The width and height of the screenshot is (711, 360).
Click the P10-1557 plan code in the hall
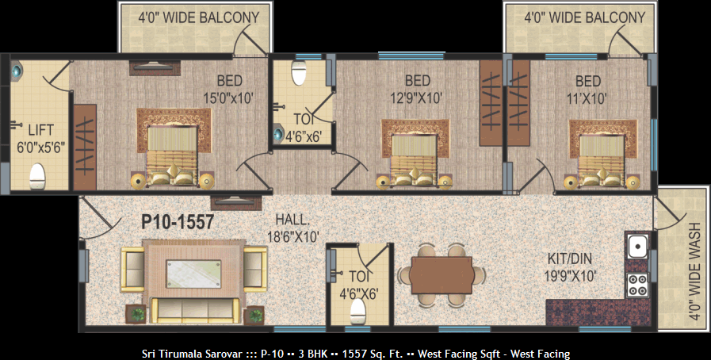click(x=178, y=222)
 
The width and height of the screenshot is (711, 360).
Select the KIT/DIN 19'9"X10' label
click(x=570, y=267)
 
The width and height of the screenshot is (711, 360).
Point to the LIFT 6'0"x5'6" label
click(x=40, y=138)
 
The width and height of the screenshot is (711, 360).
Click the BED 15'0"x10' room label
click(x=228, y=90)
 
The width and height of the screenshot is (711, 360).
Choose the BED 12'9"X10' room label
click(x=417, y=90)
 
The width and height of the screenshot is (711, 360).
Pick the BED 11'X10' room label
click(x=588, y=90)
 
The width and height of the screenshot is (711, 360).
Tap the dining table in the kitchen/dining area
click(x=441, y=275)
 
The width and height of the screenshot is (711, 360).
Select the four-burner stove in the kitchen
click(x=637, y=285)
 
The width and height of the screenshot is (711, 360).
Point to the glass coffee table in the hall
click(x=193, y=274)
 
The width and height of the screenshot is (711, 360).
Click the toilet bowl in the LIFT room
click(x=37, y=176)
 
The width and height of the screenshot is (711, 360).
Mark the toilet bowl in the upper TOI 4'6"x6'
click(x=299, y=73)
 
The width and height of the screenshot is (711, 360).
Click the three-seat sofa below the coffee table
click(x=195, y=311)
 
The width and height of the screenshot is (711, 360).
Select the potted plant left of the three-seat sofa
click(x=136, y=314)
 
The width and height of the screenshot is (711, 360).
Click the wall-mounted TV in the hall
click(x=236, y=203)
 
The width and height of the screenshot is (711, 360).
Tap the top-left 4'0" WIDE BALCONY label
click(x=199, y=17)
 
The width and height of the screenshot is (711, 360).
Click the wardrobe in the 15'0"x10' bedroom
click(x=85, y=147)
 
